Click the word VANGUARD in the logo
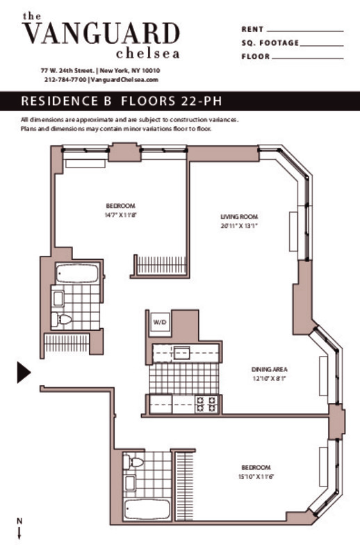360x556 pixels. (101, 33)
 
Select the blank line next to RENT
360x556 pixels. (305, 31)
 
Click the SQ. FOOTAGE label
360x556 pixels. (270, 43)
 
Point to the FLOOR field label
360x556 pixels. (255, 56)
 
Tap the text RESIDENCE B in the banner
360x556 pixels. (67, 101)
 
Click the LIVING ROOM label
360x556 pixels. (235, 217)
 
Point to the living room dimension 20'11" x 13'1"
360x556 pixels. (235, 226)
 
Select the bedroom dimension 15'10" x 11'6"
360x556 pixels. (256, 476)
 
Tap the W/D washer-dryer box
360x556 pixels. (160, 322)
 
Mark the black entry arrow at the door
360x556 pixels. (24, 373)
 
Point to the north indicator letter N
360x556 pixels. (19, 521)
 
